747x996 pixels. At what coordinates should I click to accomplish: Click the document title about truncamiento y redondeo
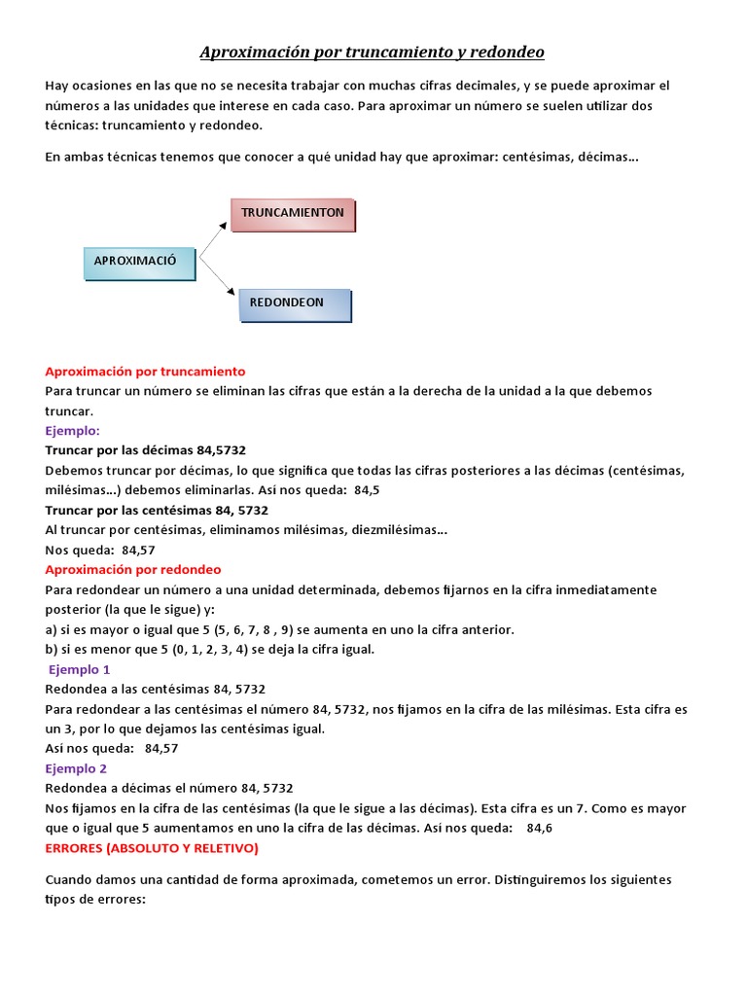373,52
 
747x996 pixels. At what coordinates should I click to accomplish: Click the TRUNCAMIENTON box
293,213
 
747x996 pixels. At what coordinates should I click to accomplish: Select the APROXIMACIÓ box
140,262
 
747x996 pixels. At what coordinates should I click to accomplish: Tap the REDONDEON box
294,303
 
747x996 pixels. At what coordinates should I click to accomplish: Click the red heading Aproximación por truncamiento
145,372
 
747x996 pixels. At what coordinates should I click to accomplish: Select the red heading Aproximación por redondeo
133,570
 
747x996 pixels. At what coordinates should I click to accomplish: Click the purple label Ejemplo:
73,430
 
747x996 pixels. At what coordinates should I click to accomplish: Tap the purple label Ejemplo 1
80,669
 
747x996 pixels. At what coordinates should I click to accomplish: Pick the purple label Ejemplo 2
77,768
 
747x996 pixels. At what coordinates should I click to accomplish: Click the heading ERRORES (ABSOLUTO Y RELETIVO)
152,848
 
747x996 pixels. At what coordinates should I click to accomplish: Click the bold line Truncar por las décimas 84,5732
145,450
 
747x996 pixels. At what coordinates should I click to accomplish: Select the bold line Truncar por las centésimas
157,510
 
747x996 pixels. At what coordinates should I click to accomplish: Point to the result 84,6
539,828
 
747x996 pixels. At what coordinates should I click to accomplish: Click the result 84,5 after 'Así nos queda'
367,490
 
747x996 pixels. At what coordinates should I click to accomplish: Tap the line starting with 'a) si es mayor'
280,629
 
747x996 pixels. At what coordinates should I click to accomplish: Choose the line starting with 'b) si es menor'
209,649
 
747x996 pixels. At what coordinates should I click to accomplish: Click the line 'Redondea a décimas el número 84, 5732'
169,788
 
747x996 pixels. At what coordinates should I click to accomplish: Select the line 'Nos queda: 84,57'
100,550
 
